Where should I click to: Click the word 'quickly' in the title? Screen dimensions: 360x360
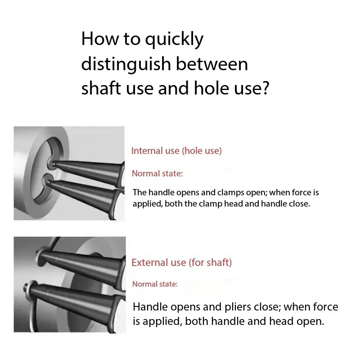pyautogui.click(x=174, y=40)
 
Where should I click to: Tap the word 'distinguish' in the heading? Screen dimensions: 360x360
pyautogui.click(x=126, y=64)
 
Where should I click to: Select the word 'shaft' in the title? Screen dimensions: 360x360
pyautogui.click(x=101, y=88)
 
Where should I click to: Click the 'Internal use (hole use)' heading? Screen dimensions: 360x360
pyautogui.click(x=176, y=151)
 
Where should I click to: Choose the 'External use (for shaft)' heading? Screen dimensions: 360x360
pyautogui.click(x=182, y=262)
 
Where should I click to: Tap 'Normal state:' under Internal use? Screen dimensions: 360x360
pyautogui.click(x=157, y=173)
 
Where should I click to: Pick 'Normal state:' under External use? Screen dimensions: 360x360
pyautogui.click(x=155, y=284)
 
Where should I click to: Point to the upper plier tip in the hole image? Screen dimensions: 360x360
pyautogui.click(x=54, y=163)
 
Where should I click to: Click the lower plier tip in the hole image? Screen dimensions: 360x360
pyautogui.click(x=48, y=183)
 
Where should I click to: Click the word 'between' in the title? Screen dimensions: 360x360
pyautogui.click(x=211, y=64)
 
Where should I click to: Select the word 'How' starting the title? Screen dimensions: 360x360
pyautogui.click(x=100, y=39)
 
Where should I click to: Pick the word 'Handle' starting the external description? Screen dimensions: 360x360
pyautogui.click(x=150, y=307)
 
